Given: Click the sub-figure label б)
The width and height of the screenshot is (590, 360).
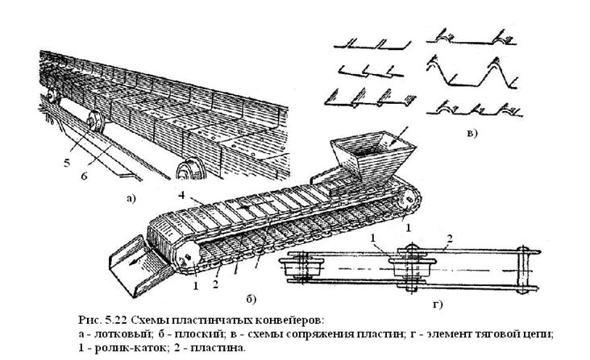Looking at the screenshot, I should point(251,300).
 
